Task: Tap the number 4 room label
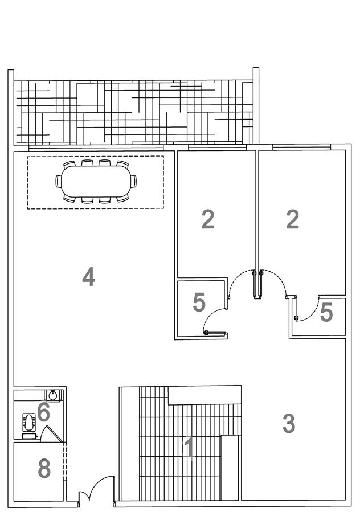(x=88, y=277)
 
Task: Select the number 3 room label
(x=289, y=423)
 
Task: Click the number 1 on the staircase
(x=189, y=448)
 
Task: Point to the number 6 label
(x=43, y=411)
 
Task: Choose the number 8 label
(x=44, y=469)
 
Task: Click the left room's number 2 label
(x=208, y=219)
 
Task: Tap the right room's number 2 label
(x=292, y=219)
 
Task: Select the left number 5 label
(x=199, y=302)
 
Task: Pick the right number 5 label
(x=326, y=312)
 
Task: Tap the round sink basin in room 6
(x=52, y=394)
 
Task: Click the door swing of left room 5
(x=214, y=319)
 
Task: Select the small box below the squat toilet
(x=29, y=436)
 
